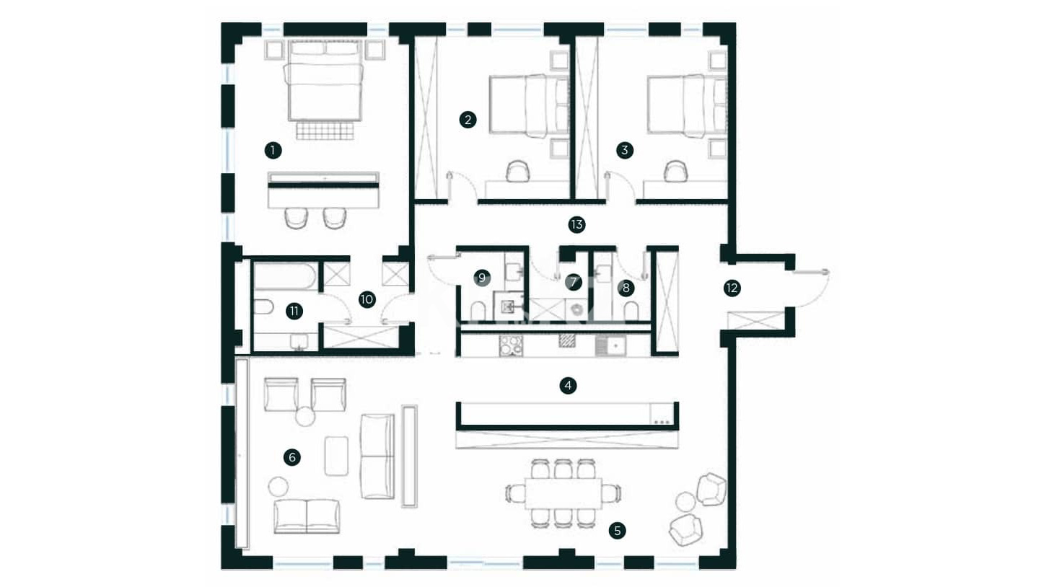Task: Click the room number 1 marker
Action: tap(273, 151)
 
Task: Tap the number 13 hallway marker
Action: tap(576, 225)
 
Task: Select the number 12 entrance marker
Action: tap(732, 288)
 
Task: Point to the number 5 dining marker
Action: tap(617, 531)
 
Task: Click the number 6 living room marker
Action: tap(292, 457)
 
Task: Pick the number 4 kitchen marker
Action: tap(568, 386)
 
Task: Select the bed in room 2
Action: tap(530, 106)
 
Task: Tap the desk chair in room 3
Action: tap(676, 171)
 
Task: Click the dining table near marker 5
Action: tap(563, 493)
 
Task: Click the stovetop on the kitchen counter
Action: tap(511, 346)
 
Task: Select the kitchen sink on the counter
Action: tap(610, 346)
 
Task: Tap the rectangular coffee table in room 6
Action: tap(336, 456)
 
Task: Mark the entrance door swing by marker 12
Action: tap(811, 289)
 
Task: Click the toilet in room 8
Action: tap(631, 312)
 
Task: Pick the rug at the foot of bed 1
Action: tap(325, 131)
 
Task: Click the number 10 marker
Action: tap(367, 299)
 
